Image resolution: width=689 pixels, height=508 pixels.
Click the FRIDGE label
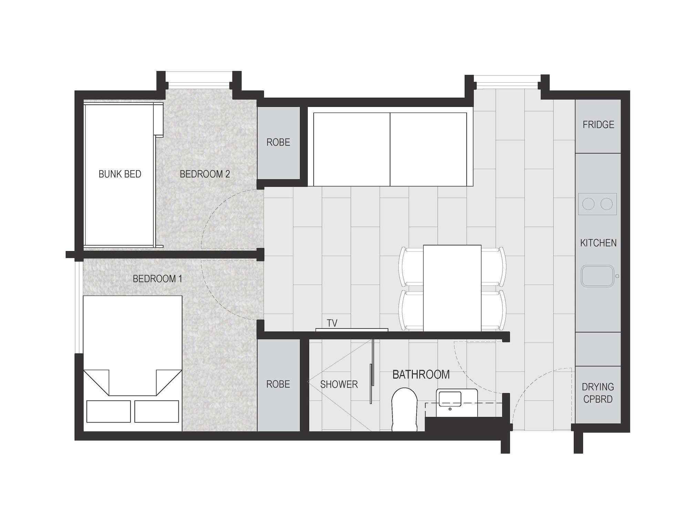598,125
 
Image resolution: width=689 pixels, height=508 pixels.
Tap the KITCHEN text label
598,243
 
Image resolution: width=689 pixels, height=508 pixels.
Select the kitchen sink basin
597,276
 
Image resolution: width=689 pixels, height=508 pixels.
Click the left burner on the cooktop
588,204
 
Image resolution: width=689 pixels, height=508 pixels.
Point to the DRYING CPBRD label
598,393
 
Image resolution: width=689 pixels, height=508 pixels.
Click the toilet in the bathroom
404,410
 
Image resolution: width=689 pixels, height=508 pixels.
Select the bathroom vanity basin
450,399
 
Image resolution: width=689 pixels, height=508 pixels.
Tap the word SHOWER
339,384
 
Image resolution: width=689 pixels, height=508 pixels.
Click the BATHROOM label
421,375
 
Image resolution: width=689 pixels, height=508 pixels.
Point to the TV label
332,323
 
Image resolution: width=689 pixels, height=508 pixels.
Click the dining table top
452,288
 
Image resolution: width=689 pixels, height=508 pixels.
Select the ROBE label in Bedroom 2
278,142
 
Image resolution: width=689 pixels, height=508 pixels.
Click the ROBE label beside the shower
278,384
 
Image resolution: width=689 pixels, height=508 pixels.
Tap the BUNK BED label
120,174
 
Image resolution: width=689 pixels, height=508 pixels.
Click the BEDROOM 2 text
205,174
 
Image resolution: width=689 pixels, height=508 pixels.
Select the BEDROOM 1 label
157,278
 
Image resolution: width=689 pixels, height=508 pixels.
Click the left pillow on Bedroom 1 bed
109,411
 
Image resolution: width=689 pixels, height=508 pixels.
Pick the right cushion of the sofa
428,150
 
